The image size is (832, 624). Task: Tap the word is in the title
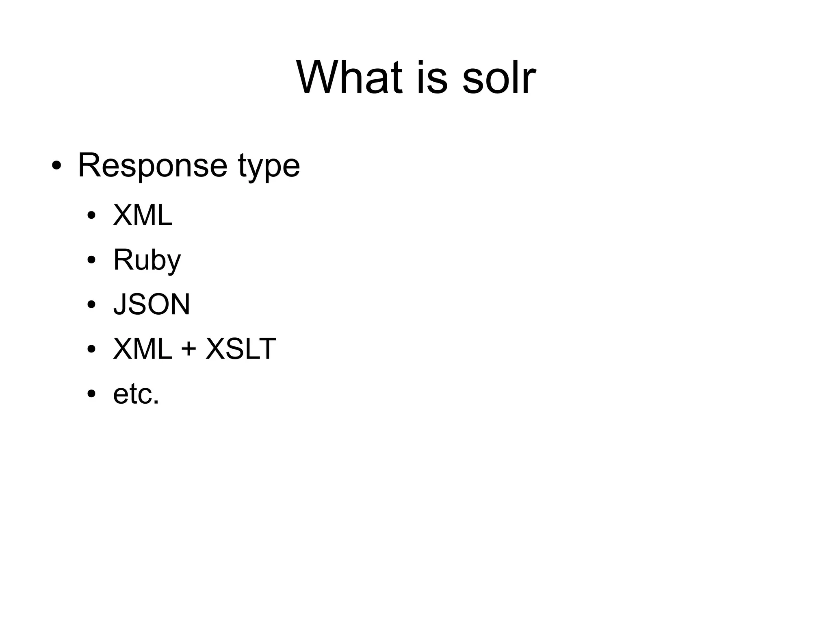click(432, 77)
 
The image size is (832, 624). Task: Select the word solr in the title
click(499, 77)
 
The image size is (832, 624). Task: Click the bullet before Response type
click(56, 166)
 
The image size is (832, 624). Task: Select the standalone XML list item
click(143, 215)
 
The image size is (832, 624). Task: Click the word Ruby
click(147, 260)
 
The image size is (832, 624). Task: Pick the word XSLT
click(241, 349)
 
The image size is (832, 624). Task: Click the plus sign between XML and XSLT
click(189, 350)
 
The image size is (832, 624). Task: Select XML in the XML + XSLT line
click(143, 349)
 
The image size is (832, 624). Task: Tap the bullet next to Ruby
click(91, 260)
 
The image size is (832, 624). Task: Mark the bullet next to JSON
click(91, 304)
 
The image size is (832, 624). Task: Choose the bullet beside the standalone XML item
click(91, 215)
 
